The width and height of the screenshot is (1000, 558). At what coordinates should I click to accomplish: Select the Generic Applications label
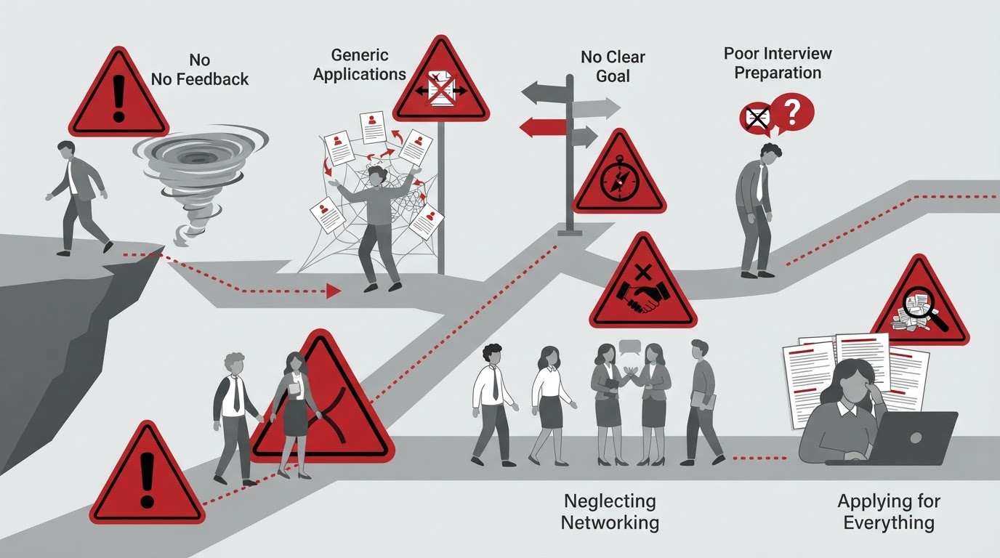(x=359, y=65)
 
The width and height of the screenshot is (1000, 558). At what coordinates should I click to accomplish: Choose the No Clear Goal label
(x=613, y=67)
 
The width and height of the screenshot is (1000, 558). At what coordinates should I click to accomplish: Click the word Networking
(x=610, y=522)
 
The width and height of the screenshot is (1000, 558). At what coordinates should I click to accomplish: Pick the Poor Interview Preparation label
(x=778, y=63)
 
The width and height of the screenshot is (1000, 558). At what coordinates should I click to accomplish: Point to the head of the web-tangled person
(x=378, y=176)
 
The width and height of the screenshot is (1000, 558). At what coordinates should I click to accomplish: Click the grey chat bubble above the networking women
(x=630, y=347)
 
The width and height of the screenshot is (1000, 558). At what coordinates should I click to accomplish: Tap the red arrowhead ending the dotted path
(x=334, y=291)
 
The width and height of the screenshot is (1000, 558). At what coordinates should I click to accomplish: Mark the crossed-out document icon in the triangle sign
(x=440, y=89)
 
